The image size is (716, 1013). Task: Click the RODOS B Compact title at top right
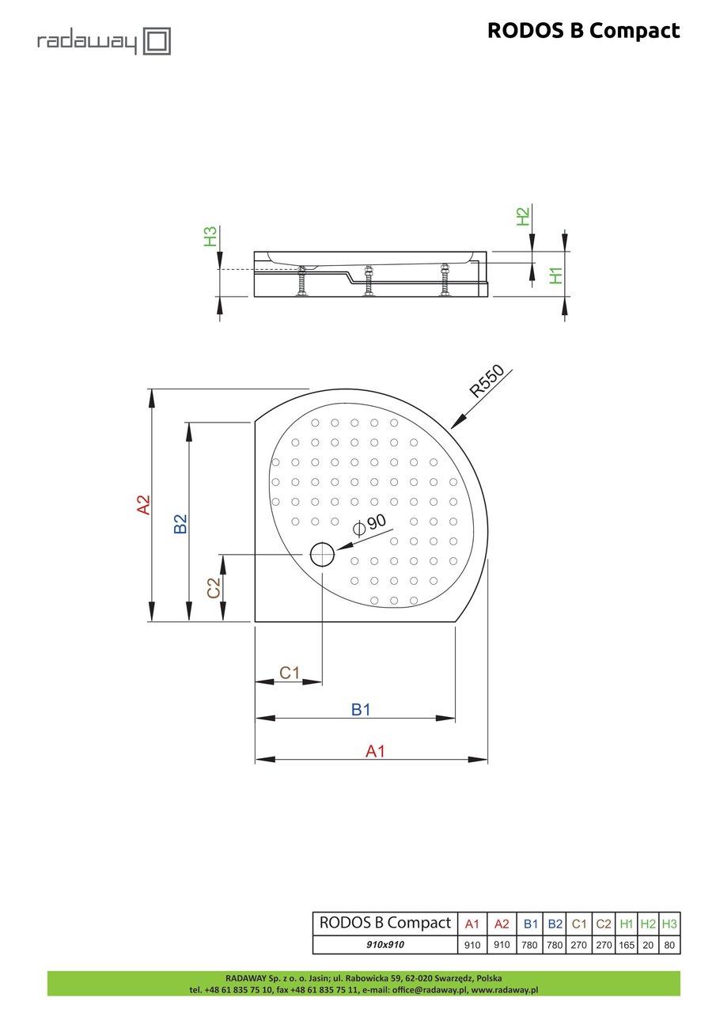[583, 31]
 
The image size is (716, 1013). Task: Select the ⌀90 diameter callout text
[370, 522]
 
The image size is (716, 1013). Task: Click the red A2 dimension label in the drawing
[143, 505]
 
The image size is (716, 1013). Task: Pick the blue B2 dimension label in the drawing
[181, 523]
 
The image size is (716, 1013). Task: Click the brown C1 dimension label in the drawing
[290, 673]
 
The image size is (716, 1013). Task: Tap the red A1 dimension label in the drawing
[375, 751]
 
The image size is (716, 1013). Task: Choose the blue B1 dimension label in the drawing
[361, 710]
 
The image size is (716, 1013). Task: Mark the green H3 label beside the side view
[210, 237]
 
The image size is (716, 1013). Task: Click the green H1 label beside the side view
[557, 275]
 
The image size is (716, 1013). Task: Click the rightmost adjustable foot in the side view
[445, 281]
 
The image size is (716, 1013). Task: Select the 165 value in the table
[627, 945]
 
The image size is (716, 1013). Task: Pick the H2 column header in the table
[648, 924]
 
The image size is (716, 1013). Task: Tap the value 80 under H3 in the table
[669, 945]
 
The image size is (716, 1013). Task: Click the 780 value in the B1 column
[531, 945]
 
